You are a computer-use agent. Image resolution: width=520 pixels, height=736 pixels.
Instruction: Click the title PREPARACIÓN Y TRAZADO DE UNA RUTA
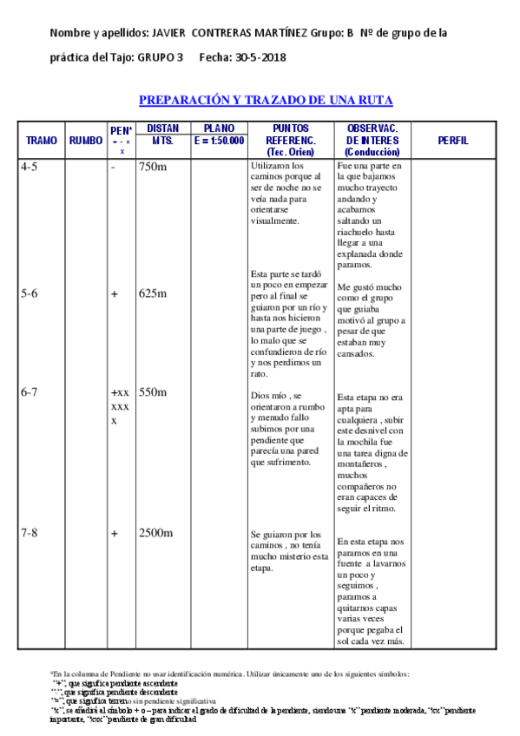pos(266,100)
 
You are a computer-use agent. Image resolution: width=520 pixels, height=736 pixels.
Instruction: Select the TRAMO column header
pos(42,140)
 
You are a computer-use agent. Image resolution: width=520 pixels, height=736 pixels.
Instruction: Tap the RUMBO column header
pos(85,140)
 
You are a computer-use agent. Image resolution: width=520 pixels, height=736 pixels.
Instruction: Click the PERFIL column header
pos(453,140)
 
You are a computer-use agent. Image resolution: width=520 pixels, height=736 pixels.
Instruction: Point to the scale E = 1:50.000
pos(220,140)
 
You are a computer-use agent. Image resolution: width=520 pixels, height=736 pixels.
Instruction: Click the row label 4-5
pos(29,167)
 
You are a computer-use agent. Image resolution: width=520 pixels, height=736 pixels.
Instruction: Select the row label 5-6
pos(29,293)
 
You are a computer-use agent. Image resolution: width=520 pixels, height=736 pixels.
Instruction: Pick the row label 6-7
pos(29,392)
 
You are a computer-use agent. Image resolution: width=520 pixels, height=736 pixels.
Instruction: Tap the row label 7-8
pos(29,533)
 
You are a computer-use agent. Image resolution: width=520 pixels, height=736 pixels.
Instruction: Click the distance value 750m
pos(152,167)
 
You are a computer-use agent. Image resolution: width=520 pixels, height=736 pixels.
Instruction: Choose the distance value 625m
pos(152,293)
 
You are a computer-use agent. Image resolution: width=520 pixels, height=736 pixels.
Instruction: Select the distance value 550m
pos(152,392)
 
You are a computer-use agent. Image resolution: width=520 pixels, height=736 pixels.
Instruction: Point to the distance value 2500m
pos(155,533)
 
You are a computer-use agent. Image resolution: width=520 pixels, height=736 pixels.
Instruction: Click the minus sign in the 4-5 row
pos(113,167)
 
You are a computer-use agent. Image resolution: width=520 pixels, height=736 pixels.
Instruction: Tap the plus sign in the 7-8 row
pos(114,533)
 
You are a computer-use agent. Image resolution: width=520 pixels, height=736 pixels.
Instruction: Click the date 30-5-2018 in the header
pos(261,58)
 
